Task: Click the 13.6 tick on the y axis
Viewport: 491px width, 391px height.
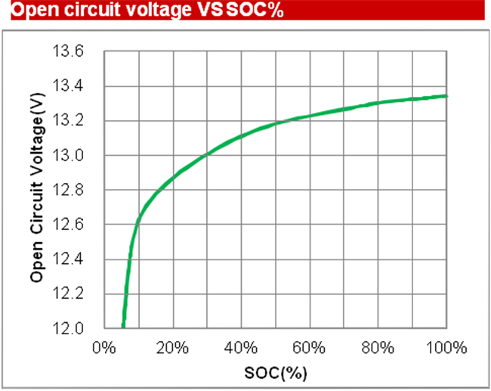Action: (69, 51)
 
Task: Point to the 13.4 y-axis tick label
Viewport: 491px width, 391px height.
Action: (69, 86)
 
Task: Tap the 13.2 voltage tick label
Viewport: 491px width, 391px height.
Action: (69, 121)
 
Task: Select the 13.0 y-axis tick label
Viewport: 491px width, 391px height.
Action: (69, 156)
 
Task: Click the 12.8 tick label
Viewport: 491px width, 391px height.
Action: (69, 191)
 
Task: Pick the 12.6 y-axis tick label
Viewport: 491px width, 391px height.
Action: (69, 225)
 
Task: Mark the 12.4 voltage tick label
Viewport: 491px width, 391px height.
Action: (69, 260)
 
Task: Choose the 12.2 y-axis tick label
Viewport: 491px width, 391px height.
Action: (69, 294)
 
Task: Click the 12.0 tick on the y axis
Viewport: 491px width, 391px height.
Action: (69, 329)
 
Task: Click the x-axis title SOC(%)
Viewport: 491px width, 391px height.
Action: (276, 373)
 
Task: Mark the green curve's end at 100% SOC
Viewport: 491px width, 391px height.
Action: (447, 96)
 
